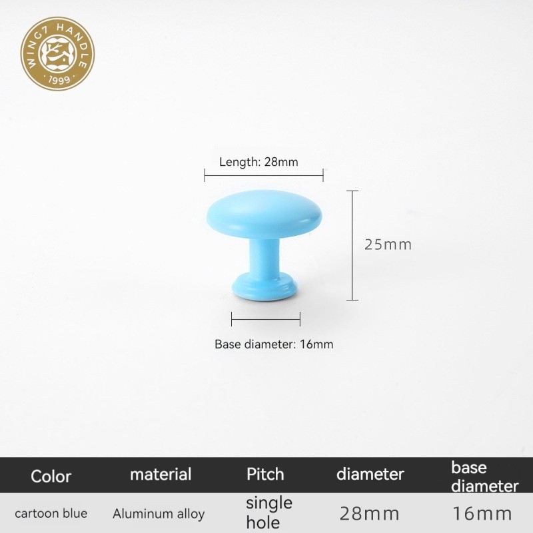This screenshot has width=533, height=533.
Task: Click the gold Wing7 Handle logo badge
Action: tap(57, 54)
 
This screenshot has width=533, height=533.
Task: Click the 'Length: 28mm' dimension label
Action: tap(259, 162)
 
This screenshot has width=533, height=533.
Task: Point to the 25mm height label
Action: tap(388, 245)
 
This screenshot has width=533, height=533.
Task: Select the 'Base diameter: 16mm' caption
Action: tap(274, 344)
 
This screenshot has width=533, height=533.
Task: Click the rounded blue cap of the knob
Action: tap(264, 215)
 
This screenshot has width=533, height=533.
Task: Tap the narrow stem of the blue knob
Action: tap(265, 256)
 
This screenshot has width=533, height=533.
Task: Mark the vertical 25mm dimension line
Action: tap(352, 245)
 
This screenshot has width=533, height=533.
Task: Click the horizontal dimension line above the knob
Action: tap(264, 175)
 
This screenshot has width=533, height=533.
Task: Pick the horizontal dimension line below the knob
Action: tap(266, 319)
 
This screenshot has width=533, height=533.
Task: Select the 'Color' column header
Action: tap(51, 476)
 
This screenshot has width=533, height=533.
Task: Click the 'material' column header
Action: tap(161, 474)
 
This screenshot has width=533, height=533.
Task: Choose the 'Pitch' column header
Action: tap(265, 474)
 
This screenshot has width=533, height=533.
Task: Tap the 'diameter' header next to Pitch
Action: tap(370, 474)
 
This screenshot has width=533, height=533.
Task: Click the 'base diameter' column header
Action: tap(485, 477)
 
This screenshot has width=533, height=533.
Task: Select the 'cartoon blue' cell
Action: tap(51, 513)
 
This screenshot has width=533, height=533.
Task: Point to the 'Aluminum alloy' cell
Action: tap(159, 514)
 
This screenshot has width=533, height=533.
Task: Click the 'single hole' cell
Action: tap(269, 512)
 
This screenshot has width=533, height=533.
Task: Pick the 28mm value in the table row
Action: tap(370, 514)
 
